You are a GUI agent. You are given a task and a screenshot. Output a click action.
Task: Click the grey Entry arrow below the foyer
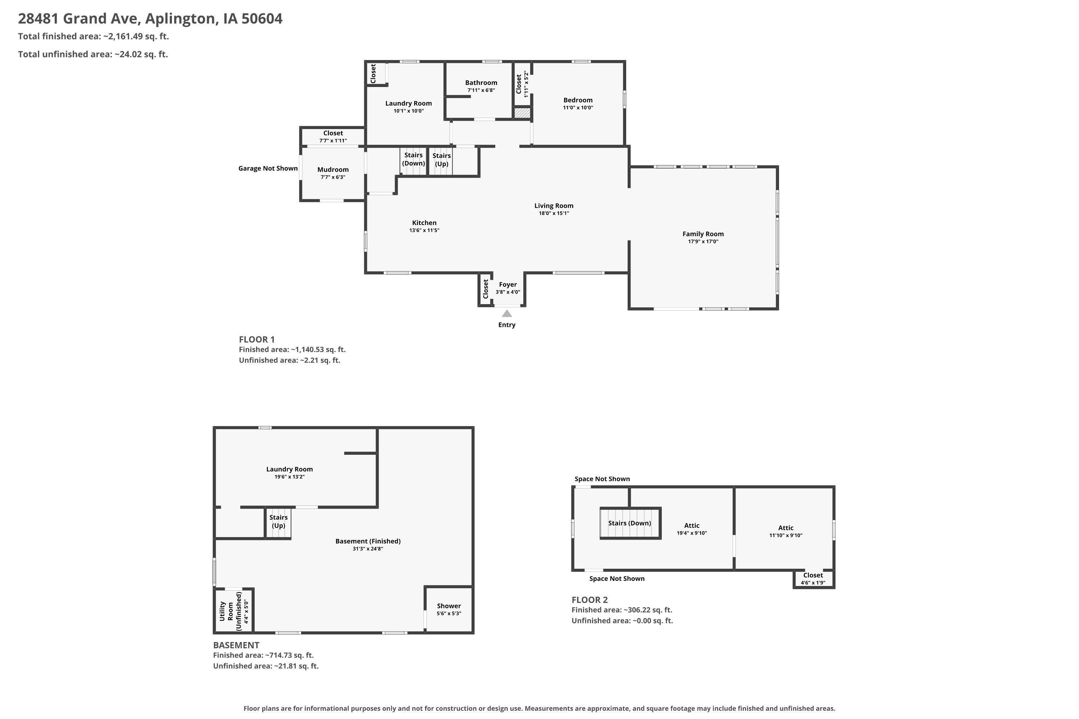(506, 313)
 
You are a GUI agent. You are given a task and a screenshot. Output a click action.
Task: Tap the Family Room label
(703, 234)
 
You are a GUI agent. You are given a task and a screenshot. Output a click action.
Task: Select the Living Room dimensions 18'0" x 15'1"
(554, 213)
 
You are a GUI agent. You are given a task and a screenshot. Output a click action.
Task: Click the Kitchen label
(424, 223)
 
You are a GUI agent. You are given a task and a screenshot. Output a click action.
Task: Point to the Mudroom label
(333, 170)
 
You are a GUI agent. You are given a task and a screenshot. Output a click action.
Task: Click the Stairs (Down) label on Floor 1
(413, 159)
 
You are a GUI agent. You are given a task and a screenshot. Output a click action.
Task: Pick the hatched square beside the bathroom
(522, 113)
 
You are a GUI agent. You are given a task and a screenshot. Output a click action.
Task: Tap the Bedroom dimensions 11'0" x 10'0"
(578, 108)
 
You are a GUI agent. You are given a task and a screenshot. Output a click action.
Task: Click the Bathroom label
(481, 83)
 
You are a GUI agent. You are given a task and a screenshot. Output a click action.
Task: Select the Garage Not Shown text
(268, 168)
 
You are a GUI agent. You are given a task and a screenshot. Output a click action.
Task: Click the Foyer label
(508, 284)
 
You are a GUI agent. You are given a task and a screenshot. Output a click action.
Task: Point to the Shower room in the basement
(449, 609)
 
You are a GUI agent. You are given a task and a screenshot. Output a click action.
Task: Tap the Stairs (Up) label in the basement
(278, 521)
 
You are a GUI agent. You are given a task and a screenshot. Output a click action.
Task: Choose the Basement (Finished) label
(368, 541)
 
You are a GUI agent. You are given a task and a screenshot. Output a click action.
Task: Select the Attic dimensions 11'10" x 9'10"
(786, 535)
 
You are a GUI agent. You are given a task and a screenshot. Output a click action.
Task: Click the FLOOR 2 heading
(589, 600)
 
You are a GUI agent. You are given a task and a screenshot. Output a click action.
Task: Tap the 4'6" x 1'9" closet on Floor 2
(813, 579)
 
